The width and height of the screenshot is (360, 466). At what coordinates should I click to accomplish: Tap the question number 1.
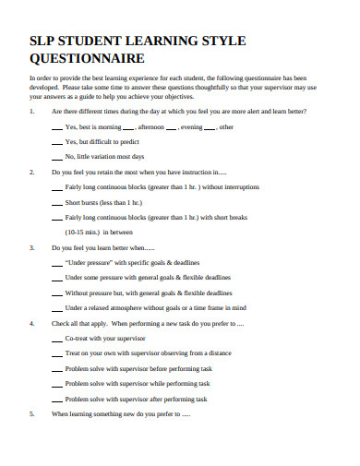tap(32, 111)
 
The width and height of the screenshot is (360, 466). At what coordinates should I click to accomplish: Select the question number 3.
tap(32, 248)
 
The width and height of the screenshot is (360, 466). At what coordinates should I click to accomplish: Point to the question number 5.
tap(32, 388)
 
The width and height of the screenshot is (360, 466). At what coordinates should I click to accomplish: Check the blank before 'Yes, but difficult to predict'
tap(55, 142)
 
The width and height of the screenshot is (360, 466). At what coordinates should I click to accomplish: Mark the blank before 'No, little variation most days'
tap(55, 158)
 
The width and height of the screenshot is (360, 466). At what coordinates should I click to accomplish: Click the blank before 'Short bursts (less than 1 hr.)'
tap(55, 202)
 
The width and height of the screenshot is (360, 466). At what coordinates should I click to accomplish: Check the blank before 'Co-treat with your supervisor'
tap(55, 313)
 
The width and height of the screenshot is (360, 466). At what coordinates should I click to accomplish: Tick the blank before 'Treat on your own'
tap(55, 329)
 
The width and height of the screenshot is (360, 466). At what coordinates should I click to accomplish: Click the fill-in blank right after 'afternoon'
tap(172, 126)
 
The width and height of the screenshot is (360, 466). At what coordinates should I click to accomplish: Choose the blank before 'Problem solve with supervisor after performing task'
tap(55, 373)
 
